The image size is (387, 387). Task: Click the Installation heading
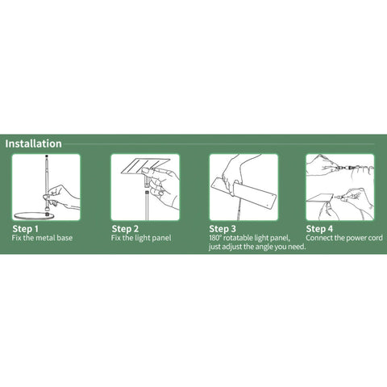(x=33, y=144)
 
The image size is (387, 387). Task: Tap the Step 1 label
(x=25, y=229)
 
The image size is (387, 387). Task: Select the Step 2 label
(x=125, y=229)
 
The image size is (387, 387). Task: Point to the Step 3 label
(x=223, y=229)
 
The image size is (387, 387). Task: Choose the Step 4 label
(x=319, y=229)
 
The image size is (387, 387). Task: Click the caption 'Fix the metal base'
(x=42, y=238)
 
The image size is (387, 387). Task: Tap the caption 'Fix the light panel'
(x=141, y=238)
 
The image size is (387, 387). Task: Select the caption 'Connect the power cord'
(x=344, y=238)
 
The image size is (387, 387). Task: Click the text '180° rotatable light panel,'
(x=250, y=238)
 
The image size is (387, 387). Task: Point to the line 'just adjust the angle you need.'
(x=257, y=247)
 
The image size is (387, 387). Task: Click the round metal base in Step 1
(x=34, y=215)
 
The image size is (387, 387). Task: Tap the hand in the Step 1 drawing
(x=62, y=197)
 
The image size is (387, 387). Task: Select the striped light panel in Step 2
(x=146, y=166)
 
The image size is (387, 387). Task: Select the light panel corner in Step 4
(x=320, y=198)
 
